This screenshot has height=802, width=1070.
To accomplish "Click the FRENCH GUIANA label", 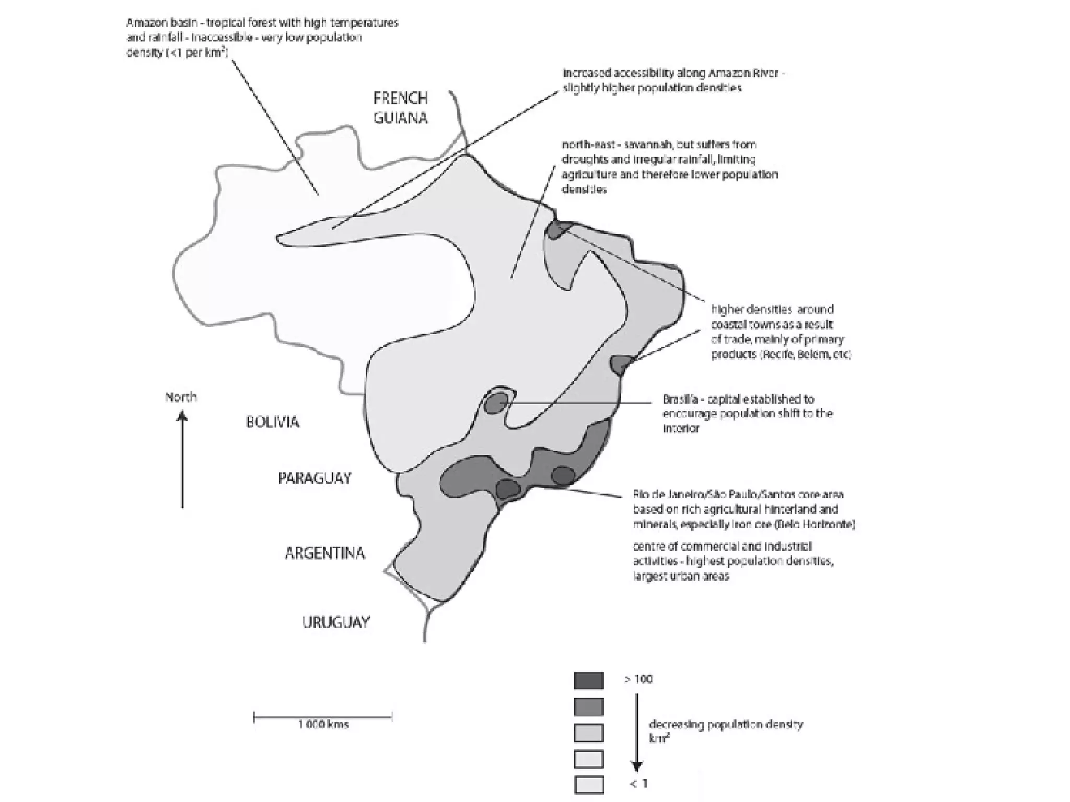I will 400,108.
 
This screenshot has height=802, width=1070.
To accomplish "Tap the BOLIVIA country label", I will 272,422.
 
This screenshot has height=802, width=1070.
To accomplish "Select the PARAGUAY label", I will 315,478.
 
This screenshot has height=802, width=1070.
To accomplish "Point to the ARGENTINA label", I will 324,553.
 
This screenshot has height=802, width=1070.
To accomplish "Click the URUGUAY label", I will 336,622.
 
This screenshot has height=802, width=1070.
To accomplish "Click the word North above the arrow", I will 181,397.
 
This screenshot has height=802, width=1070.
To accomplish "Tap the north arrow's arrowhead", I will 182,416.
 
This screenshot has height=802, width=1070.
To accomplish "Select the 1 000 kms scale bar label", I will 323,725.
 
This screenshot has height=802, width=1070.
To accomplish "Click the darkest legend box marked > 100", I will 588,680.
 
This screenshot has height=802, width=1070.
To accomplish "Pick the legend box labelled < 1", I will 588,785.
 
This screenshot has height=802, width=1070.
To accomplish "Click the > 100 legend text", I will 638,679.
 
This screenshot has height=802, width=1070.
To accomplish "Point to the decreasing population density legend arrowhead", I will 636,766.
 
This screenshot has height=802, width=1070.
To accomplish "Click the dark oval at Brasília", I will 495,403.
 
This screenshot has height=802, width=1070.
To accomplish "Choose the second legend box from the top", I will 588,707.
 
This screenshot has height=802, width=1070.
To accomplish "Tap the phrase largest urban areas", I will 681,576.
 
